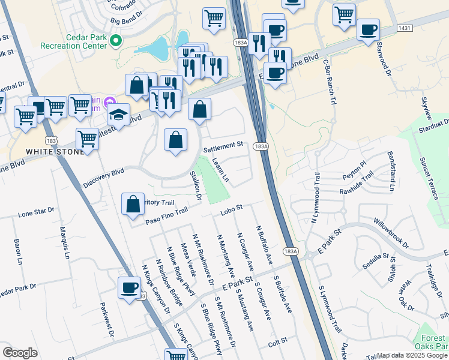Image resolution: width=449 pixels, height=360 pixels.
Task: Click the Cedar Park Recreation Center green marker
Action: (116, 41)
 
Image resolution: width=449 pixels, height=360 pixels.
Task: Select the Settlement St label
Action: (223, 145)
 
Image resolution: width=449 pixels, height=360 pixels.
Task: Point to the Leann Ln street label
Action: (220, 170)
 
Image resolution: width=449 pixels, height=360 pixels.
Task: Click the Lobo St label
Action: (231, 208)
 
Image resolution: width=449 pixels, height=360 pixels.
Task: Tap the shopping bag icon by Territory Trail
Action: (133, 204)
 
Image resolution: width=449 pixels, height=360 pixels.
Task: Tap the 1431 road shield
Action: (403, 29)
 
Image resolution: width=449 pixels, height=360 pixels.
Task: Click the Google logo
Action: (20, 353)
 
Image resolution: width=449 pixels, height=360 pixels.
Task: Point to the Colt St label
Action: (279, 342)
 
